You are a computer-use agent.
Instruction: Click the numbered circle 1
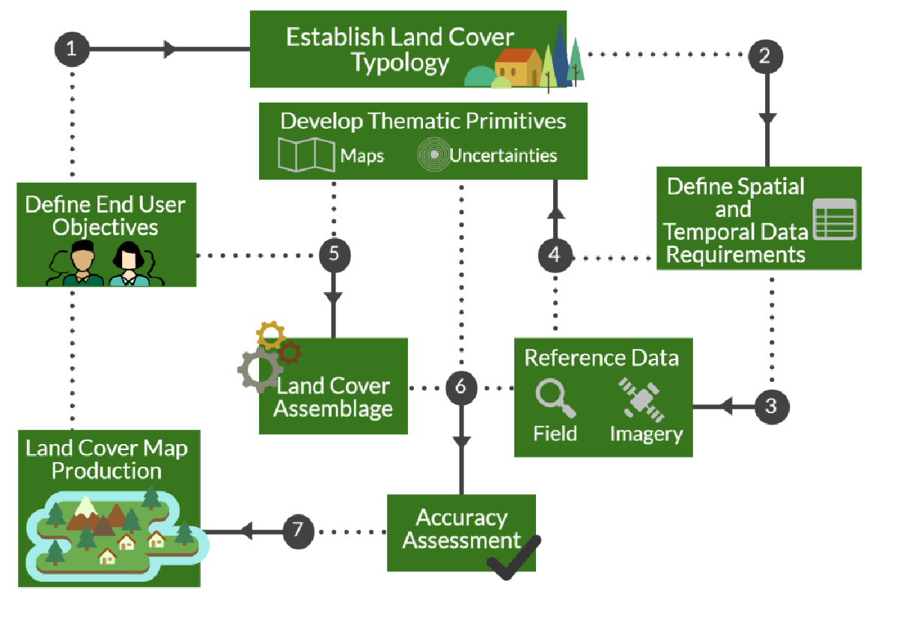(72, 49)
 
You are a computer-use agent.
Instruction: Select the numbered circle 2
(765, 55)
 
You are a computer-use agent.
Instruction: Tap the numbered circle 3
(772, 407)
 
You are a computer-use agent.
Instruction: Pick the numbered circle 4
(554, 255)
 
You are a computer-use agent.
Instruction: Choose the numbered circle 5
(334, 255)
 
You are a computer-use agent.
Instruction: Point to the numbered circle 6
(460, 387)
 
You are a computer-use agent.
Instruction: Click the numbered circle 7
(298, 531)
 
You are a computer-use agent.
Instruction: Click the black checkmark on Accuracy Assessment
(513, 558)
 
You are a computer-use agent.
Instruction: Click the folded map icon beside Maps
(306, 154)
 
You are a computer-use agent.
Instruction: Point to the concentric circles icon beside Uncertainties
(432, 155)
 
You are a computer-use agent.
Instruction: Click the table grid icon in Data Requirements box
(834, 219)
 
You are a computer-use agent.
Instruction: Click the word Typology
(400, 63)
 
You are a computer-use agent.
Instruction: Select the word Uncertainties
(503, 156)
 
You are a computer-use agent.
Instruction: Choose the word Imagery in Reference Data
(646, 434)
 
